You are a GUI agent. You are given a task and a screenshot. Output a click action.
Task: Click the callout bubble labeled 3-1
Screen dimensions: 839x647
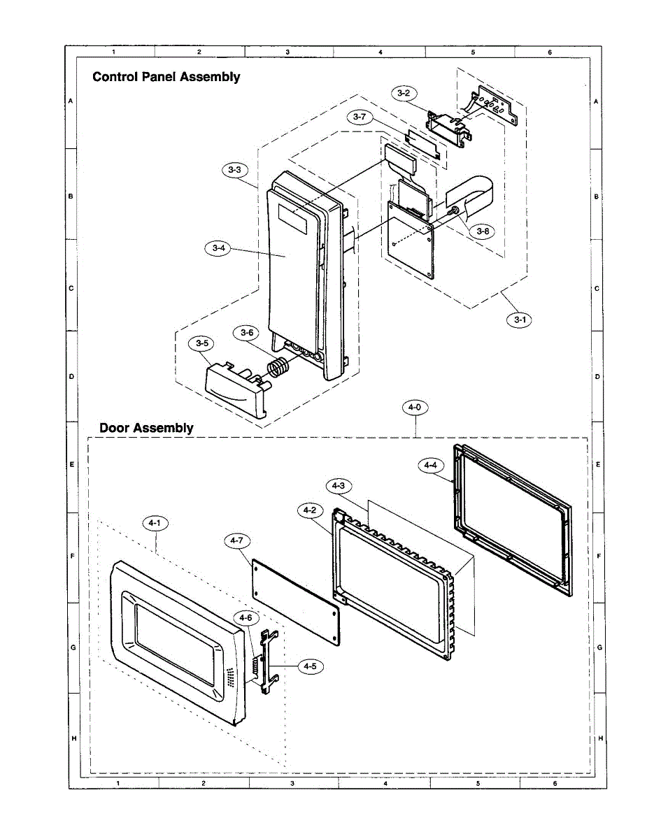(x=518, y=320)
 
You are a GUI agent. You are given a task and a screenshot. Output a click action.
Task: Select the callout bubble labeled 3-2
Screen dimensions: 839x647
(x=404, y=92)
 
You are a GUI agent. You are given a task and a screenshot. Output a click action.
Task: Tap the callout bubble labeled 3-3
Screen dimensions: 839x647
(x=234, y=169)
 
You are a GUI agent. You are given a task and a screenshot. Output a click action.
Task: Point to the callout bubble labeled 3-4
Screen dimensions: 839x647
(x=218, y=248)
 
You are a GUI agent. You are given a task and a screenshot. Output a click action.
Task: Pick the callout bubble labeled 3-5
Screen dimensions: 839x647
(x=201, y=343)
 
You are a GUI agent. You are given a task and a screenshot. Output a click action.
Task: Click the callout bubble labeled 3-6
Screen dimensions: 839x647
(x=247, y=333)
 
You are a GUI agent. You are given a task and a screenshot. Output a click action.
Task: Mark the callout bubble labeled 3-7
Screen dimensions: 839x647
(x=359, y=117)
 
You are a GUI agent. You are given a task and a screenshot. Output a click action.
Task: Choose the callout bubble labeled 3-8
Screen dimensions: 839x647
(x=482, y=231)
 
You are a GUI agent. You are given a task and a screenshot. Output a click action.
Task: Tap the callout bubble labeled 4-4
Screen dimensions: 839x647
(x=430, y=464)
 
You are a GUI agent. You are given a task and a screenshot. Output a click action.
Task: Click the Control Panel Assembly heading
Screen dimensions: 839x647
(x=166, y=77)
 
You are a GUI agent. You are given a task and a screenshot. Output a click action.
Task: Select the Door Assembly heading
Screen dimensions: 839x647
(x=146, y=427)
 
